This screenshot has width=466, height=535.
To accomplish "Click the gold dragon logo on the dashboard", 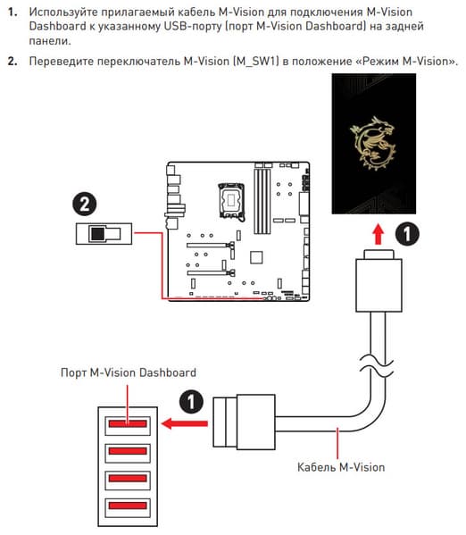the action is (372, 143).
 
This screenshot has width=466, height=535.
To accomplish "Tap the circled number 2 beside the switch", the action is (85, 204).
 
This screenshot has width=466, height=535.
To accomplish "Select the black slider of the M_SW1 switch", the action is (97, 234).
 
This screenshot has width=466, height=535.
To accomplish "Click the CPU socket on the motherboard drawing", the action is (231, 201).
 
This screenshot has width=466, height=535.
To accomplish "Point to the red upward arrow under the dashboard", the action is (378, 234).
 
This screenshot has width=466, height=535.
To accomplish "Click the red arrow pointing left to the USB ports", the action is (185, 424).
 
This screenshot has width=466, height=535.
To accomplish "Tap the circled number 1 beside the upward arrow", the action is (407, 234).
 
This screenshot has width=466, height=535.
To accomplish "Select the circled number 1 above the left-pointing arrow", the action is (191, 402).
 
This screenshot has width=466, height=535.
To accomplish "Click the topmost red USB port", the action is (128, 423).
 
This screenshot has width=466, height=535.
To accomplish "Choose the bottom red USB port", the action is (128, 506).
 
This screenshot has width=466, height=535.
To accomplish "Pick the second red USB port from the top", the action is (128, 451).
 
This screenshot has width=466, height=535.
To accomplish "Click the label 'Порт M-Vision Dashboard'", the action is (129, 372).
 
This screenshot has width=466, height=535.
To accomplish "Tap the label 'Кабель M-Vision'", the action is (341, 467).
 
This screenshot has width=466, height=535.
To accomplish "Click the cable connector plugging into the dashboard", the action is (379, 280).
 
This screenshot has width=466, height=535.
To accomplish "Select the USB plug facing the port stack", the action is (245, 422).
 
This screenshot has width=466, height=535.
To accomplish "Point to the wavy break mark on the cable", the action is (376, 366).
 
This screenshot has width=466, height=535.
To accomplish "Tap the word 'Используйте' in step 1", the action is (62, 13).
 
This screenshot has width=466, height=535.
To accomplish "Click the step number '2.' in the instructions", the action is (12, 62).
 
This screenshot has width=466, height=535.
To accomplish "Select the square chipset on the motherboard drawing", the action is (256, 257).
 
